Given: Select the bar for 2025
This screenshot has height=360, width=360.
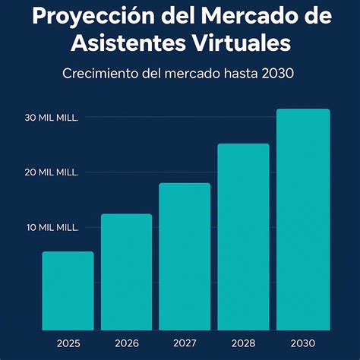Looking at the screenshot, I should coord(68,291).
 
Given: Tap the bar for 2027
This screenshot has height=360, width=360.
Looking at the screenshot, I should coord(185,257).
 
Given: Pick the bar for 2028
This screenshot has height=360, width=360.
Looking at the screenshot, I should coord(243,237).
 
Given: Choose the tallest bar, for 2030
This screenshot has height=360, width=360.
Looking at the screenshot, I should coord(302,219).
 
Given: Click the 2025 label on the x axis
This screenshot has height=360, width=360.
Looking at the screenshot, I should coord(68,343).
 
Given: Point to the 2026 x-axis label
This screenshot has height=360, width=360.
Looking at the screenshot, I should coord(126,343).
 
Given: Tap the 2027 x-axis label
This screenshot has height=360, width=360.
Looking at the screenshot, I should coord(185,343).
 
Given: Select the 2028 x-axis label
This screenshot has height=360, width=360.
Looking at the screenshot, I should coord(243,343).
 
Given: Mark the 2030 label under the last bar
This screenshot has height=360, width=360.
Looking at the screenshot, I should coord(302,343).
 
